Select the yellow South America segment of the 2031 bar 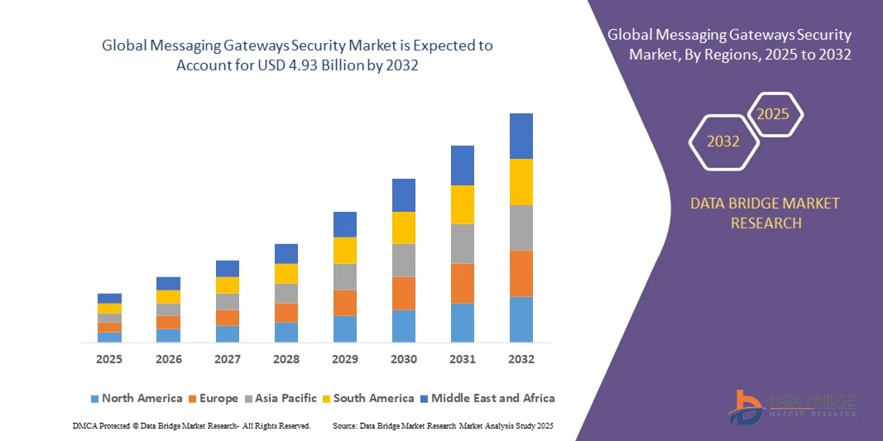click(462, 204)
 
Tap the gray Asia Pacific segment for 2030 click(403, 260)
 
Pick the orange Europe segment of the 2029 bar click(344, 302)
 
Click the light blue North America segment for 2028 click(286, 332)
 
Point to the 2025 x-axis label click(109, 359)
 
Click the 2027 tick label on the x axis click(227, 359)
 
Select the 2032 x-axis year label click(521, 359)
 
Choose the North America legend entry click(136, 398)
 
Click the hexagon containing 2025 click(774, 114)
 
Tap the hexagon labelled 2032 click(723, 141)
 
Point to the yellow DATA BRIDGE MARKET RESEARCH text click(765, 213)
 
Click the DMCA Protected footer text click(191, 425)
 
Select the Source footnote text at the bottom click(442, 425)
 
